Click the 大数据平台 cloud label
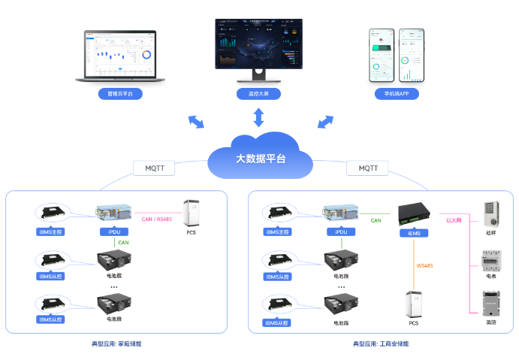[x=260, y=159]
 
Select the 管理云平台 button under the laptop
[x=119, y=94]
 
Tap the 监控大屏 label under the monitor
[x=258, y=94]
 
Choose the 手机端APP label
[x=397, y=94]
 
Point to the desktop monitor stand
[x=258, y=76]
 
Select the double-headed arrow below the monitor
[x=258, y=117]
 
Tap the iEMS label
[x=413, y=232]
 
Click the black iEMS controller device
[x=413, y=213]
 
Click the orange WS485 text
[x=424, y=266]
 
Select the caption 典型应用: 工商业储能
[x=381, y=343]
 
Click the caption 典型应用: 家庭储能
[x=116, y=343]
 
